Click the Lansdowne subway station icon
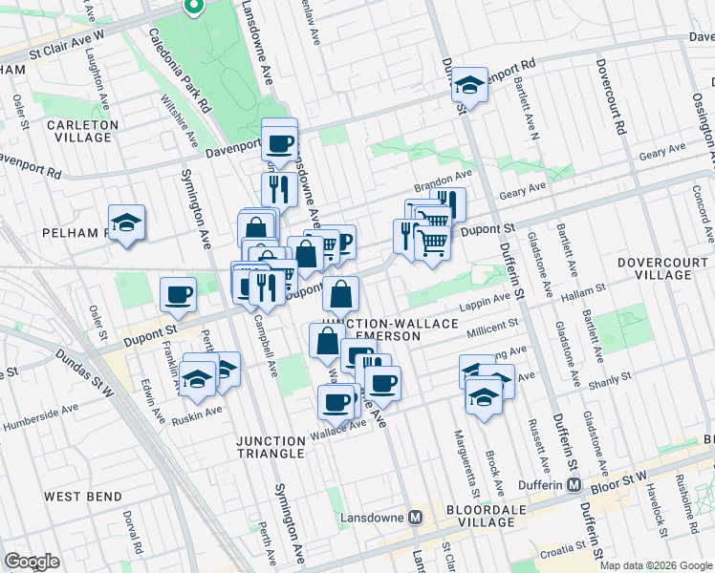pyautogui.click(x=415, y=518)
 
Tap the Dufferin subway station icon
pyautogui.click(x=574, y=485)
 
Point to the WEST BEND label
pyautogui.click(x=83, y=497)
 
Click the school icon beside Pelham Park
pyautogui.click(x=126, y=223)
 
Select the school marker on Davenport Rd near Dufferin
pyautogui.click(x=469, y=85)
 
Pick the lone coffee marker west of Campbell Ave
pyautogui.click(x=178, y=294)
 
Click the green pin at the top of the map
pyautogui.click(x=193, y=8)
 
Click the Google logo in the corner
pyautogui.click(x=32, y=562)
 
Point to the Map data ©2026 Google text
pyautogui.click(x=655, y=565)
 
